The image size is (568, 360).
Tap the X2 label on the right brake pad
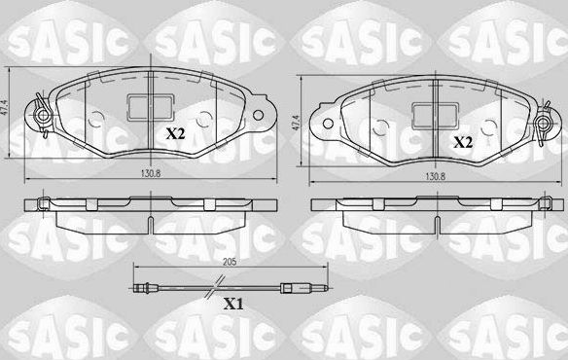pos(463,142)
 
